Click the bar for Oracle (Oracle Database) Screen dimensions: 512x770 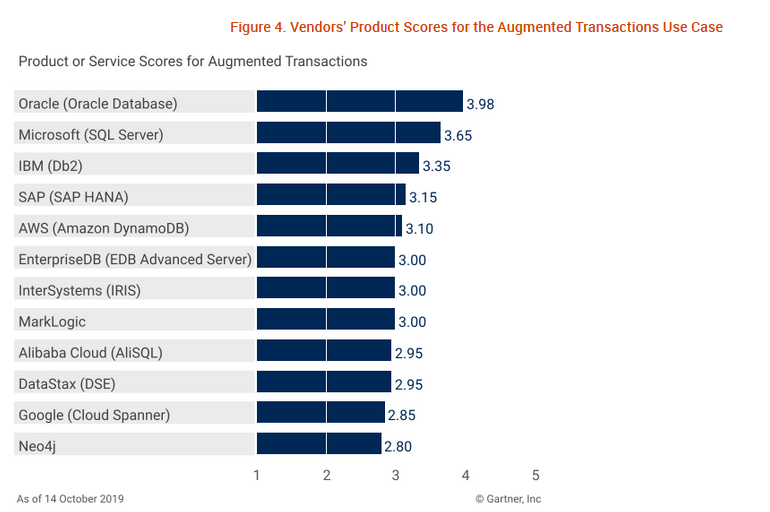(x=360, y=102)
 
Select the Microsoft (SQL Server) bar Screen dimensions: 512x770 (x=349, y=133)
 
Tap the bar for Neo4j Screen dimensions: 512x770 (x=319, y=445)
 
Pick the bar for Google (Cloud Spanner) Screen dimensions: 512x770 (x=321, y=414)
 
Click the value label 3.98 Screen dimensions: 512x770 (x=480, y=104)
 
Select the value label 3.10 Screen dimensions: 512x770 (x=420, y=229)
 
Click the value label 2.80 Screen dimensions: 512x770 (x=397, y=447)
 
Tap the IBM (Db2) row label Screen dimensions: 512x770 (x=59, y=165)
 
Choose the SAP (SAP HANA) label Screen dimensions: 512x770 (x=73, y=196)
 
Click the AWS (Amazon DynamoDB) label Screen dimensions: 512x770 (x=103, y=228)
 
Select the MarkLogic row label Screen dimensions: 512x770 (x=52, y=321)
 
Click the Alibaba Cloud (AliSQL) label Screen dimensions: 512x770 (x=90, y=352)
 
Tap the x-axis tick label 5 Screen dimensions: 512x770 (x=535, y=475)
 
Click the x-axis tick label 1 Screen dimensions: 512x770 (x=257, y=475)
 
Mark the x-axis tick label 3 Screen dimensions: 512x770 (x=396, y=475)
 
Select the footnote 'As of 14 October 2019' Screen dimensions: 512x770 (x=70, y=498)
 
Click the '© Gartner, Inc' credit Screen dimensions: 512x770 (x=508, y=498)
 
